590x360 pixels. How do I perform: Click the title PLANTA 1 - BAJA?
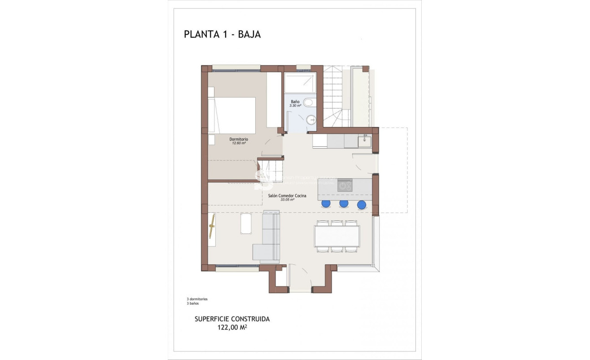coord(222,35)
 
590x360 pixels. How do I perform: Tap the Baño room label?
coord(295,102)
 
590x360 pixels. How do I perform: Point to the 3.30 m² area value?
coord(295,105)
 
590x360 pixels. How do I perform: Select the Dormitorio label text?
coord(238,139)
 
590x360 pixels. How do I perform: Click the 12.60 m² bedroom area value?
coord(238,143)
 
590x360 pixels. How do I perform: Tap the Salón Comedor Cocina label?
coord(287,196)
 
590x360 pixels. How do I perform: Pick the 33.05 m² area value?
coord(287,200)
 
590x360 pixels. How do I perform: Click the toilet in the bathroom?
coord(308,103)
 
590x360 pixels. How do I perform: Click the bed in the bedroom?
coord(233,115)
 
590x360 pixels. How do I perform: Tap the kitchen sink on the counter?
coord(364,141)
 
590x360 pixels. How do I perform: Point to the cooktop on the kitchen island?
coord(345,185)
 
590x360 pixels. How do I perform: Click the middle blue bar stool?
coord(344,204)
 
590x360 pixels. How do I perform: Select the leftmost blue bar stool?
coord(326,204)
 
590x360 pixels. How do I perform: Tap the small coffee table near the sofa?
coord(246,224)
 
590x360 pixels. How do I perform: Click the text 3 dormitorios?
coord(197,299)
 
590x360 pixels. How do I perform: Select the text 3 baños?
coord(192,303)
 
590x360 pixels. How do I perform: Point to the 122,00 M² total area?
coord(232,328)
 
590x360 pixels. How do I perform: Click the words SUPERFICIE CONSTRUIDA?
coord(232,319)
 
